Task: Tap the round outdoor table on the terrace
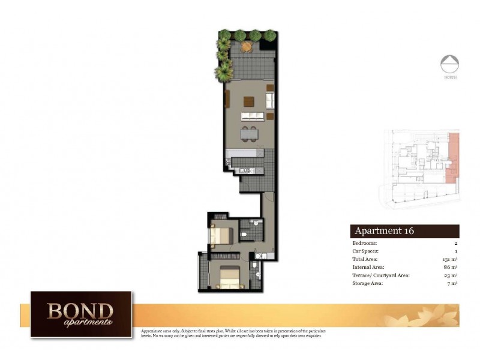coord(247,46)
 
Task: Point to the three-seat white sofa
coord(253,115)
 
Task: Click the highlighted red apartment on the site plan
coord(454,158)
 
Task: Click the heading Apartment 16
coord(385,231)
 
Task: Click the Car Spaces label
coord(366,251)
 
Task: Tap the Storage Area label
coord(369,283)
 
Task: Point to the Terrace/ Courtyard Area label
coord(380,275)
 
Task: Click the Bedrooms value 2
coord(456,243)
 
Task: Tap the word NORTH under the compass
coord(449,77)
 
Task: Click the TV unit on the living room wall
coord(227,99)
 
